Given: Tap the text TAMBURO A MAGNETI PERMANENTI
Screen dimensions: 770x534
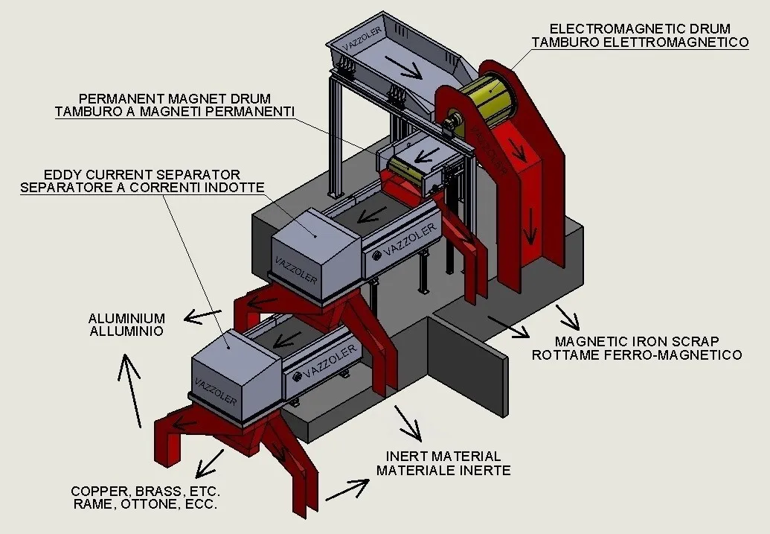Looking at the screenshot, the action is point(175,112).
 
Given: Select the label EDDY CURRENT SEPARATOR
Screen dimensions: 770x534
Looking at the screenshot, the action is point(142,174).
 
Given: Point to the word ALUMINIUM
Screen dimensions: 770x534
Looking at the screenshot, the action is point(126,318).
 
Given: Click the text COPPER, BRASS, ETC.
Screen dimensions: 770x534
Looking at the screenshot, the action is point(145,492).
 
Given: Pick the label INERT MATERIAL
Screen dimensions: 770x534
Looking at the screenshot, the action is point(443,457).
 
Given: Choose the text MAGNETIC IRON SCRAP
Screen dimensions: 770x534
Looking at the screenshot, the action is point(637,341).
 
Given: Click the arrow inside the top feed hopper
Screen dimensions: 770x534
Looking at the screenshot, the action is point(403,67).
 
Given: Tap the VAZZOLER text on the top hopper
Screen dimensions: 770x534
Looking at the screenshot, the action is point(362,39).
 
